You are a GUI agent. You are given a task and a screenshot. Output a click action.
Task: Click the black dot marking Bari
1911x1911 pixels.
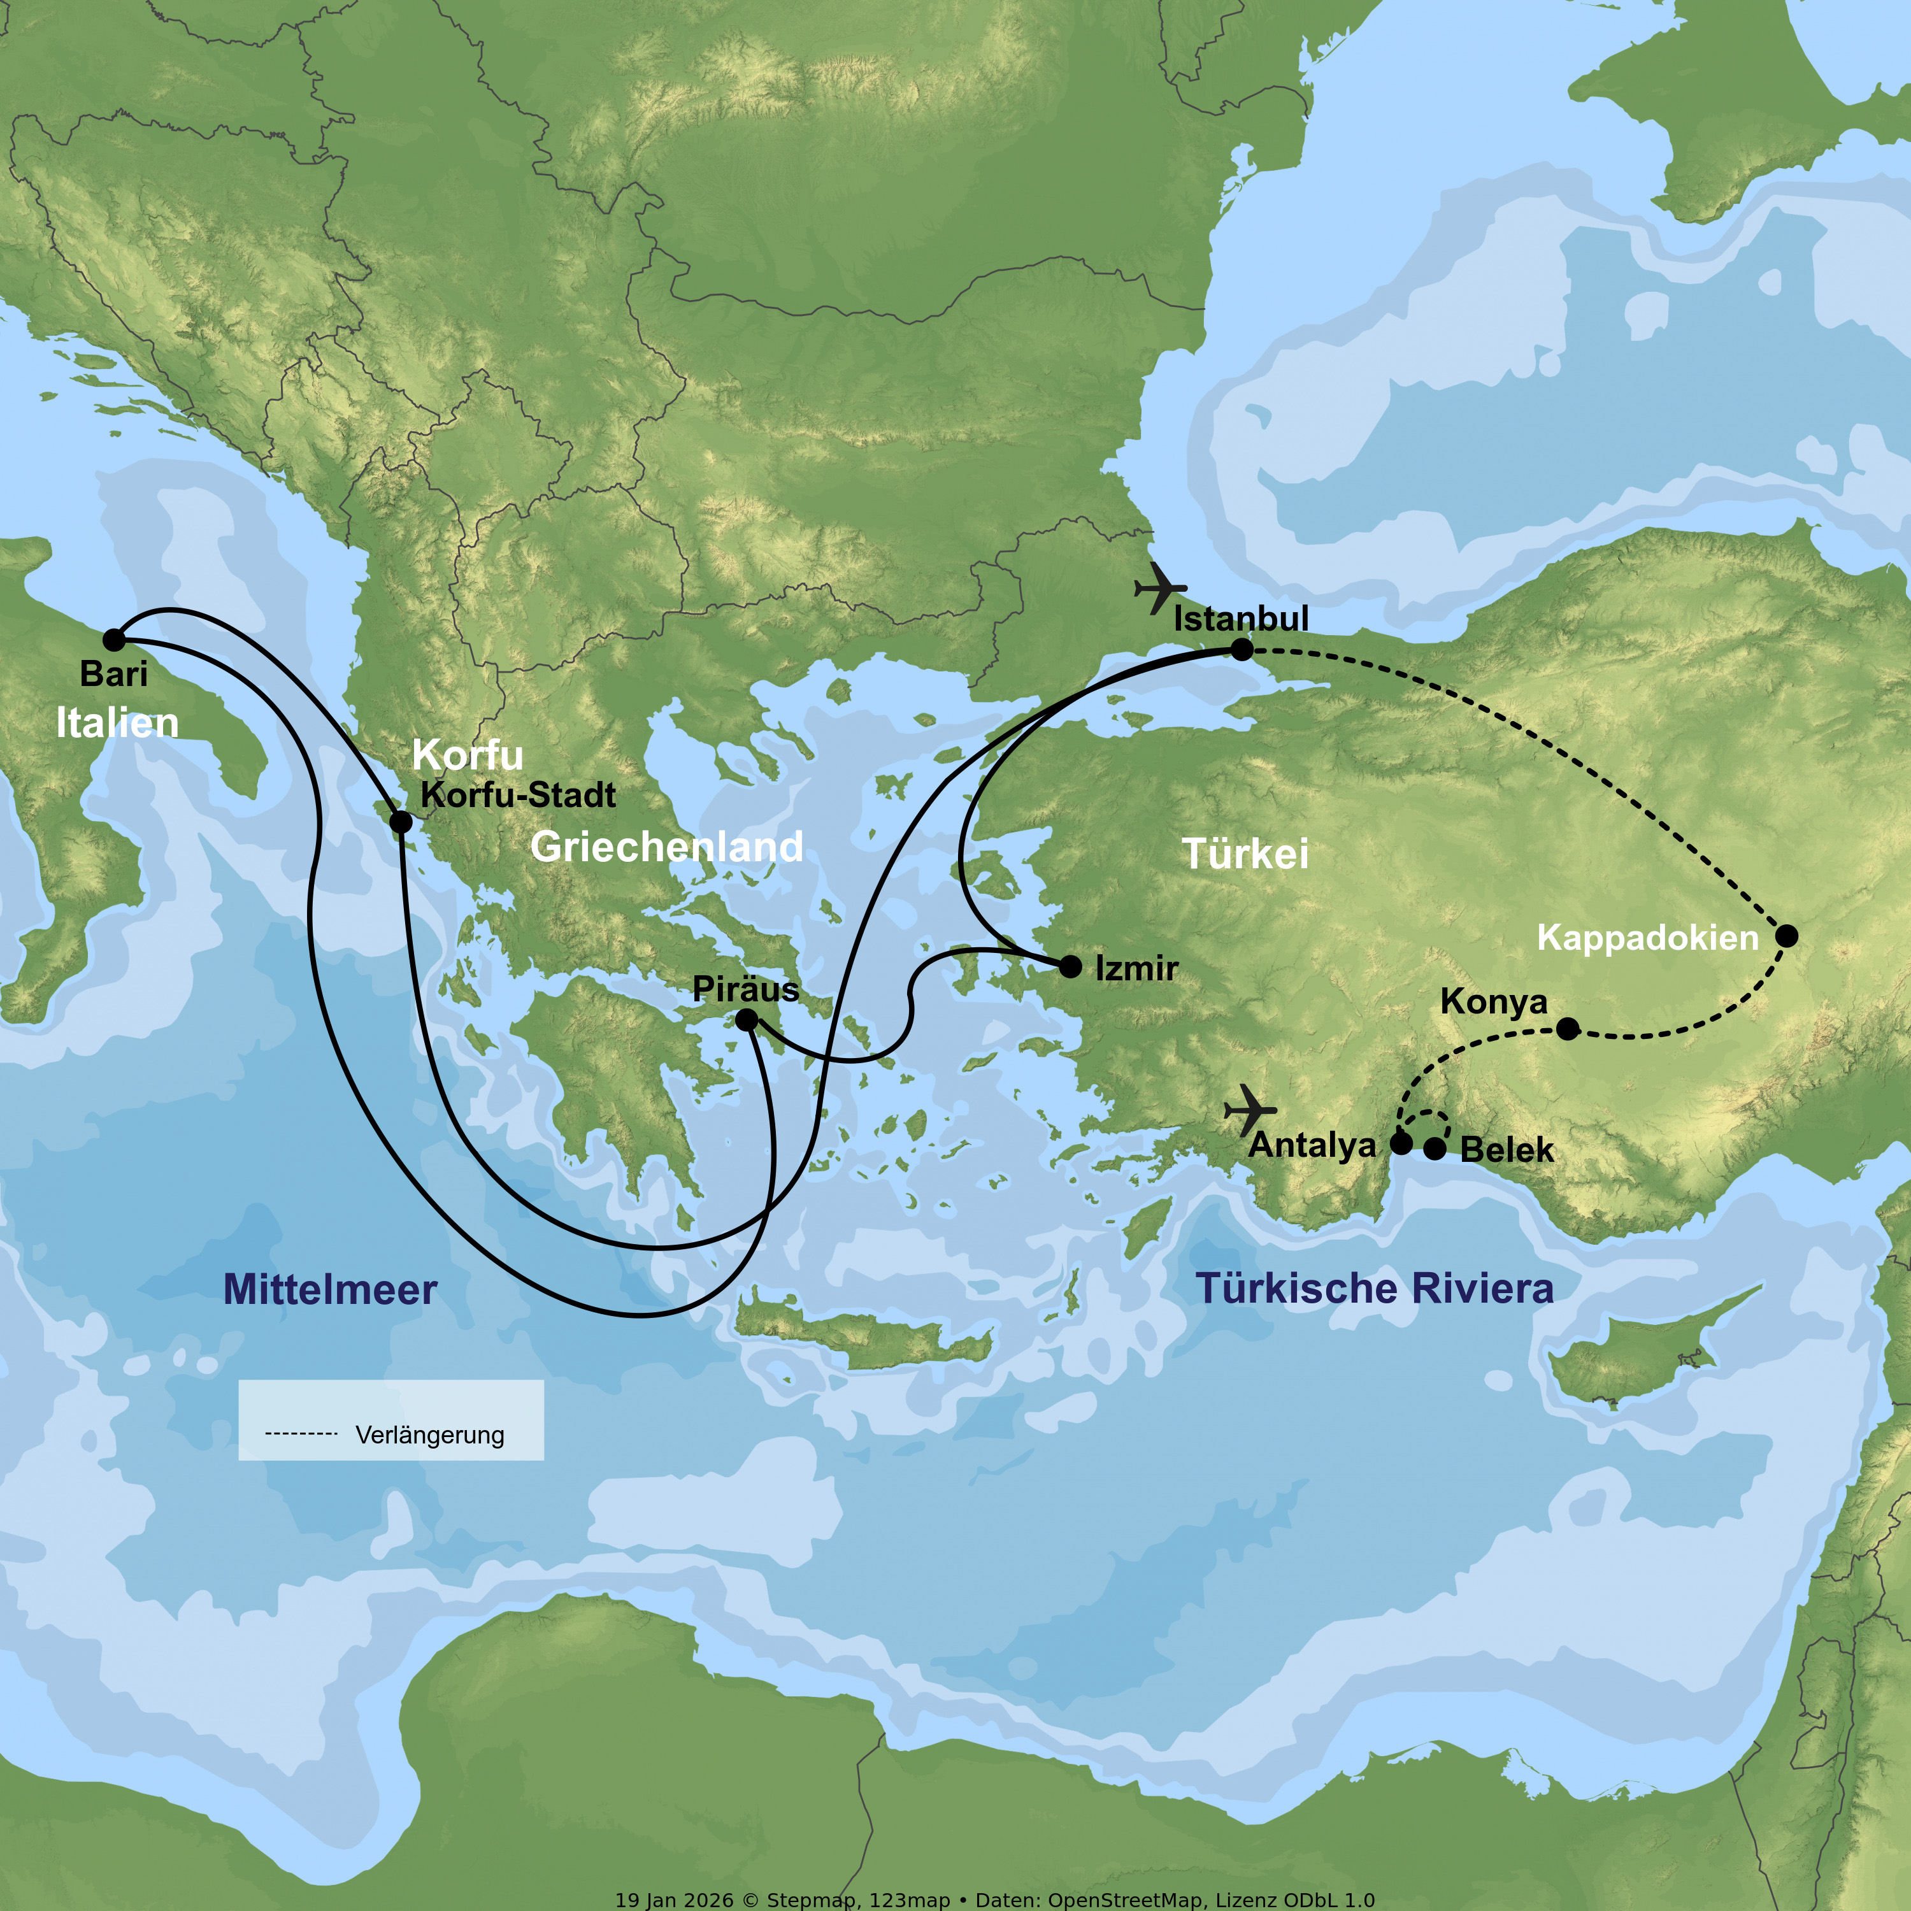(x=115, y=640)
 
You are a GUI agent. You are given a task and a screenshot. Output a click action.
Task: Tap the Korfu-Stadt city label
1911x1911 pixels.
(x=519, y=794)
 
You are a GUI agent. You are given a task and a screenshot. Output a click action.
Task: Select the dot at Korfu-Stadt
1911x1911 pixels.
(x=401, y=821)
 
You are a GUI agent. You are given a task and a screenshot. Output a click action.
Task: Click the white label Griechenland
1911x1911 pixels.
(x=667, y=847)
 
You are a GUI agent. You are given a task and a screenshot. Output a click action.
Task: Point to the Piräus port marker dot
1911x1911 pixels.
(x=747, y=1019)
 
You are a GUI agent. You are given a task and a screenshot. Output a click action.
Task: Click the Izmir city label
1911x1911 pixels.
(x=1136, y=968)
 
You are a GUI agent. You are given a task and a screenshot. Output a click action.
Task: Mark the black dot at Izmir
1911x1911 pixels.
(x=1070, y=966)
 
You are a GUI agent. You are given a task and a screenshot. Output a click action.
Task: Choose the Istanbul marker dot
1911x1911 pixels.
(x=1242, y=649)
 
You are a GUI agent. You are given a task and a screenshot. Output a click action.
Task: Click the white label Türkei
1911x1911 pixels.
(x=1245, y=854)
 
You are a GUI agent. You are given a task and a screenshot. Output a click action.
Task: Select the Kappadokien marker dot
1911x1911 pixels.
(x=1786, y=936)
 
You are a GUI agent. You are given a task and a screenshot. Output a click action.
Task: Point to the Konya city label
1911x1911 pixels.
(x=1494, y=1001)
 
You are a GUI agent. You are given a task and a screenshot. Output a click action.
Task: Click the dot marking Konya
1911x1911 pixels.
(x=1568, y=1029)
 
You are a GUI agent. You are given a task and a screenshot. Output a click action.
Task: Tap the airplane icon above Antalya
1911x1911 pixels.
(x=1249, y=1110)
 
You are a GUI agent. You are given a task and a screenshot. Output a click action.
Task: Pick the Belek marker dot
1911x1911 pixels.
(x=1435, y=1149)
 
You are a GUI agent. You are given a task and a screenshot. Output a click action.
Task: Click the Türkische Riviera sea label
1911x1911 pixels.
(x=1374, y=1288)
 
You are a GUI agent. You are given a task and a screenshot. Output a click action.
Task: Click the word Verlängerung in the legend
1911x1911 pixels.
(x=429, y=1435)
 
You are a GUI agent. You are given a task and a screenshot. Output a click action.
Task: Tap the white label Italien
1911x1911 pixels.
(x=118, y=723)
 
